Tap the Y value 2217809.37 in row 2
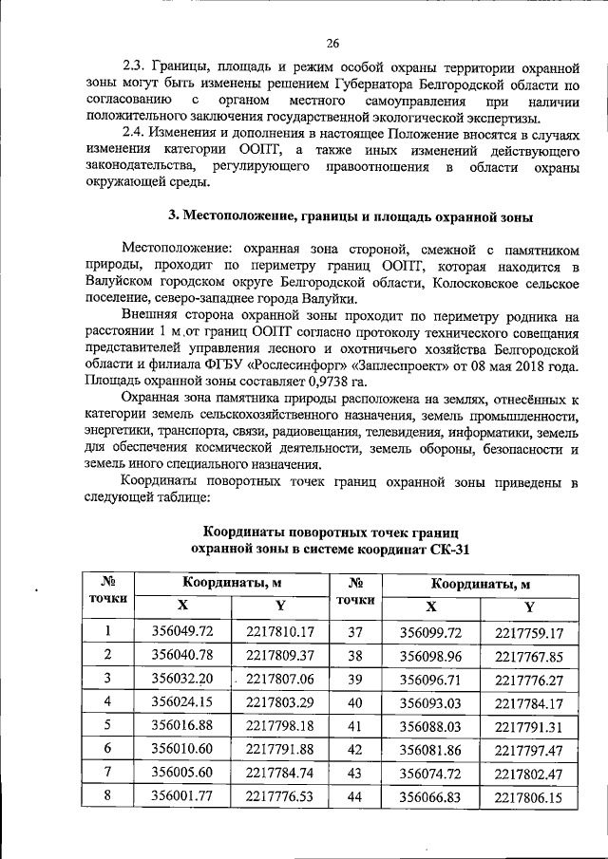(279, 655)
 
